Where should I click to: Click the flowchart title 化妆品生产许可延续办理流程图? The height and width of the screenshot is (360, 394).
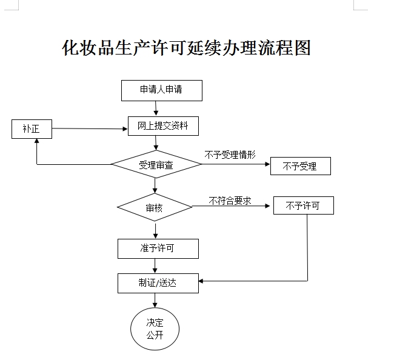coord(186,48)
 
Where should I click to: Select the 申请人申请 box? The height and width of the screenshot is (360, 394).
coord(161,90)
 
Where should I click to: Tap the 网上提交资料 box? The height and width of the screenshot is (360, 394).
coord(163,125)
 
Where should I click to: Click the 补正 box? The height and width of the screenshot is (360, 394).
coord(32,128)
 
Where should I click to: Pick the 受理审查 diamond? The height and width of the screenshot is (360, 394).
coord(156,164)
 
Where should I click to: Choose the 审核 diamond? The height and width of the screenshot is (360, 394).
coord(155,207)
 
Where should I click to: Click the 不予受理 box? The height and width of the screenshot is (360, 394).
coord(300,166)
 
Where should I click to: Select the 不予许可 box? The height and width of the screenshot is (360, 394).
coord(303,205)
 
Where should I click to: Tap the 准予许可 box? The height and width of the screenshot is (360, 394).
coord(157,248)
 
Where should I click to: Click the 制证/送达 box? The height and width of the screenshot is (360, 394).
coord(158,283)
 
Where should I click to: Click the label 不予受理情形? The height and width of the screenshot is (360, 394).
coord(230,155)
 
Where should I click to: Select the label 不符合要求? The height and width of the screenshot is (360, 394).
coord(230,200)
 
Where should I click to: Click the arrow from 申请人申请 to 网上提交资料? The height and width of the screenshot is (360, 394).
coord(156,108)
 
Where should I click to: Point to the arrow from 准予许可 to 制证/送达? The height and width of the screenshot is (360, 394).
coord(156,265)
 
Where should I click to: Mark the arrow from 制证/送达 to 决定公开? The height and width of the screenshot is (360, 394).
coord(156,301)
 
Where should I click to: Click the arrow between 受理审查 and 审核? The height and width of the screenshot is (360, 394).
coord(155,185)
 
